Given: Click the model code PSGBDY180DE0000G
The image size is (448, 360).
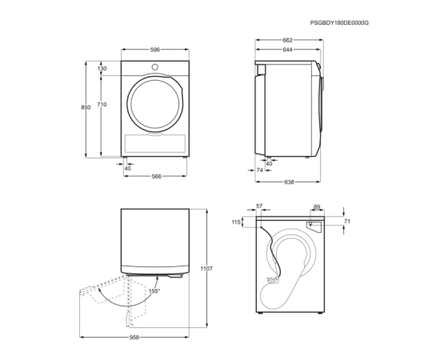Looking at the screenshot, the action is coord(339,23).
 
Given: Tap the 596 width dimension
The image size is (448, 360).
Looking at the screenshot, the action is coord(155,50).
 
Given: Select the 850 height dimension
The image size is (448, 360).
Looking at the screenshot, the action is coord(86,107).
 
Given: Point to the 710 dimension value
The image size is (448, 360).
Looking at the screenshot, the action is coord(102,105).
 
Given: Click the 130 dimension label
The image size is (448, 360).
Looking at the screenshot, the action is coord(102,69).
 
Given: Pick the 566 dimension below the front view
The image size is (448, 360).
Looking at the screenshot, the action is coord(157,177).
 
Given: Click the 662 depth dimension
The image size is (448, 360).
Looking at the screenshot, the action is coord(288,40).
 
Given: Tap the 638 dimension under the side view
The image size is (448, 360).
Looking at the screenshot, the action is coord(289,182).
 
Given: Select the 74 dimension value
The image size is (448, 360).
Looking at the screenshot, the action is coord(260,170).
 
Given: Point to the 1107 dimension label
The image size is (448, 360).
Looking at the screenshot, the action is coord(206,269).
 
